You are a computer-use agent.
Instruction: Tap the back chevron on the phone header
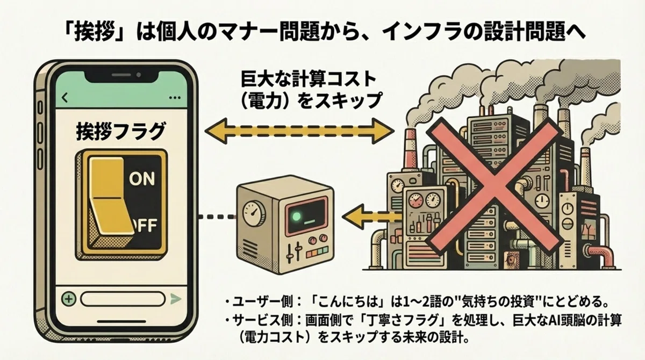[x=65, y=98]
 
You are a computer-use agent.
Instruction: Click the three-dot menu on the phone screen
[x=175, y=98]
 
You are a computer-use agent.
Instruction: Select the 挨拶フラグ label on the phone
[x=120, y=132]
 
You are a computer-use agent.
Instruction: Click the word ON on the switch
[x=142, y=179]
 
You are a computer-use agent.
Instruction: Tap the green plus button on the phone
[x=69, y=299]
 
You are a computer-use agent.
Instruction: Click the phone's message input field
[x=123, y=299]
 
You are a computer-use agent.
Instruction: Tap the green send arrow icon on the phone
[x=175, y=299]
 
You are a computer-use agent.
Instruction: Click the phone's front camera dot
[x=139, y=75]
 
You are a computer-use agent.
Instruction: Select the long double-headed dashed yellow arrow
[x=299, y=131]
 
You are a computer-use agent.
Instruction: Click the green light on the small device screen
[x=296, y=217]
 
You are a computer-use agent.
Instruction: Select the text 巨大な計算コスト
[x=309, y=80]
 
